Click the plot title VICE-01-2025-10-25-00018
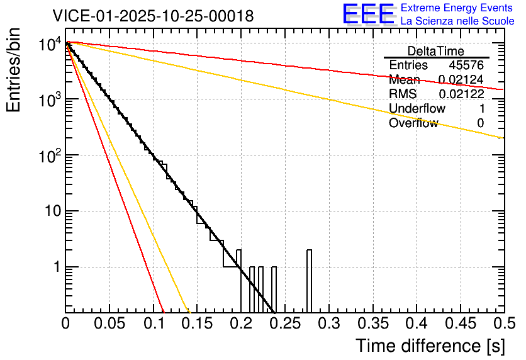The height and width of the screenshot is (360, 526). click(x=153, y=16)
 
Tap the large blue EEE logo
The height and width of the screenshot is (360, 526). click(x=368, y=14)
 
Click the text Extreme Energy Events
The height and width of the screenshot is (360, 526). click(x=457, y=8)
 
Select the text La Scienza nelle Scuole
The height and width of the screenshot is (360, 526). click(x=457, y=21)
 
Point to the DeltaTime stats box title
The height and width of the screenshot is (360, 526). click(x=436, y=51)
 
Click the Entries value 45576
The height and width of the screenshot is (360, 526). click(x=466, y=65)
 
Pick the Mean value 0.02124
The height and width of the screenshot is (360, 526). click(x=461, y=80)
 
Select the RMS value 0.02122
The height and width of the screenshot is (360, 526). click(x=461, y=94)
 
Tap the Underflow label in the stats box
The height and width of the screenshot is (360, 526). click(x=417, y=109)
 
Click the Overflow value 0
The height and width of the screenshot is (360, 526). click(x=480, y=123)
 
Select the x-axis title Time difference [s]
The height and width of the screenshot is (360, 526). click(x=430, y=346)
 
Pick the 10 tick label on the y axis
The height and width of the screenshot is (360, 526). click(x=51, y=211)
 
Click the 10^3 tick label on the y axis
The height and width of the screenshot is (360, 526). click(x=48, y=99)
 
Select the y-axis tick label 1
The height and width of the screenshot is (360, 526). click(x=56, y=267)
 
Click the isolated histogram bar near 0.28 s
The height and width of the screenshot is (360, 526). click(x=309, y=281)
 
